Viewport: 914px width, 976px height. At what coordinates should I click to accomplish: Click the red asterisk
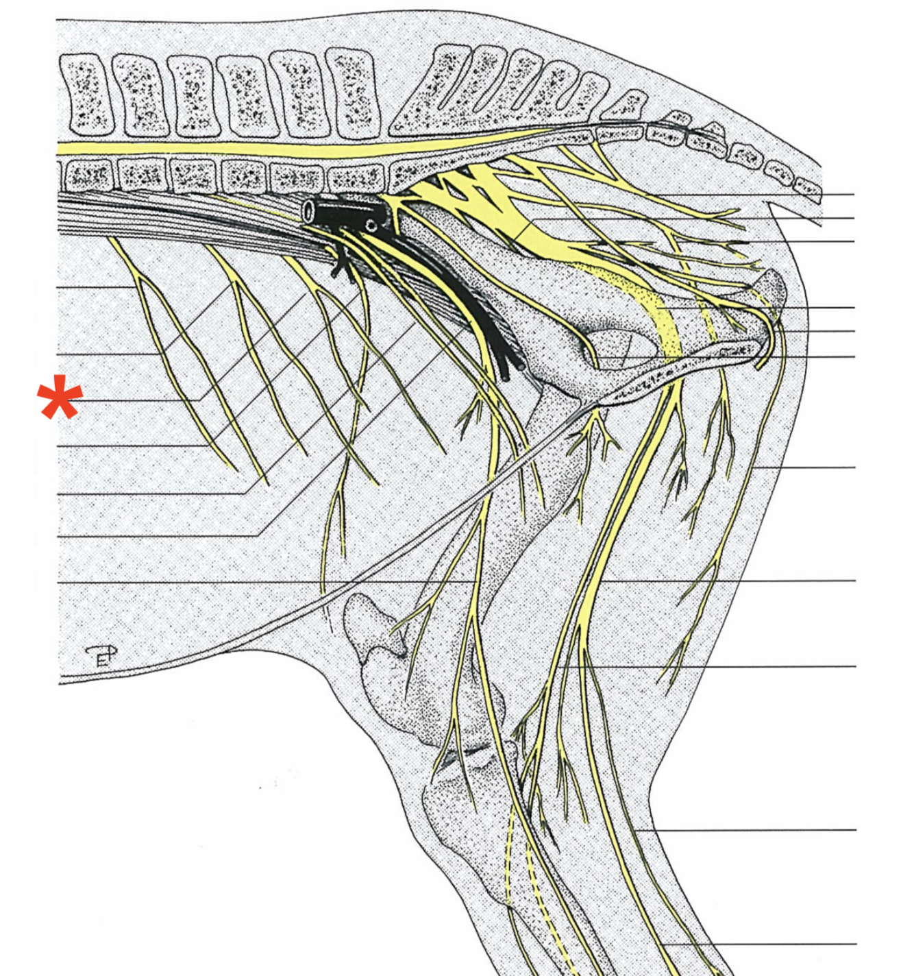tap(60, 398)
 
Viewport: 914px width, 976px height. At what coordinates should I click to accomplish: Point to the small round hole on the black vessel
tap(371, 225)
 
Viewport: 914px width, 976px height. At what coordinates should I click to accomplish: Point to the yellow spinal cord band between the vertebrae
tap(274, 148)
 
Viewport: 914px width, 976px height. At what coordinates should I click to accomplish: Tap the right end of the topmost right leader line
tap(854, 195)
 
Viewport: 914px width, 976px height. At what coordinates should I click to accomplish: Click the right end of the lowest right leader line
tap(856, 944)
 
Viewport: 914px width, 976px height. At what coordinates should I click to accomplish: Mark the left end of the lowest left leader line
tap(59, 582)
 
